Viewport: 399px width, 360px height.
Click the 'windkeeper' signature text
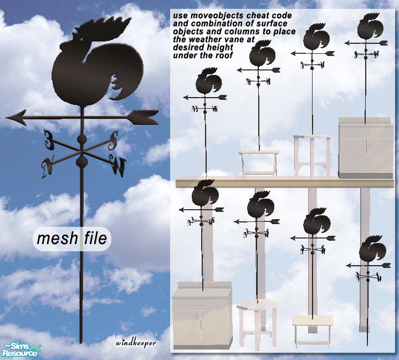click(x=136, y=342)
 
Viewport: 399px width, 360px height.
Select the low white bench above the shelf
click(x=258, y=162)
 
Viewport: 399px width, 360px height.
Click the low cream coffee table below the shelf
click(x=313, y=328)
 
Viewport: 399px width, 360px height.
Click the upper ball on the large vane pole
click(x=82, y=139)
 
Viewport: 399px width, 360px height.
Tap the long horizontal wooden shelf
click(x=284, y=183)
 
